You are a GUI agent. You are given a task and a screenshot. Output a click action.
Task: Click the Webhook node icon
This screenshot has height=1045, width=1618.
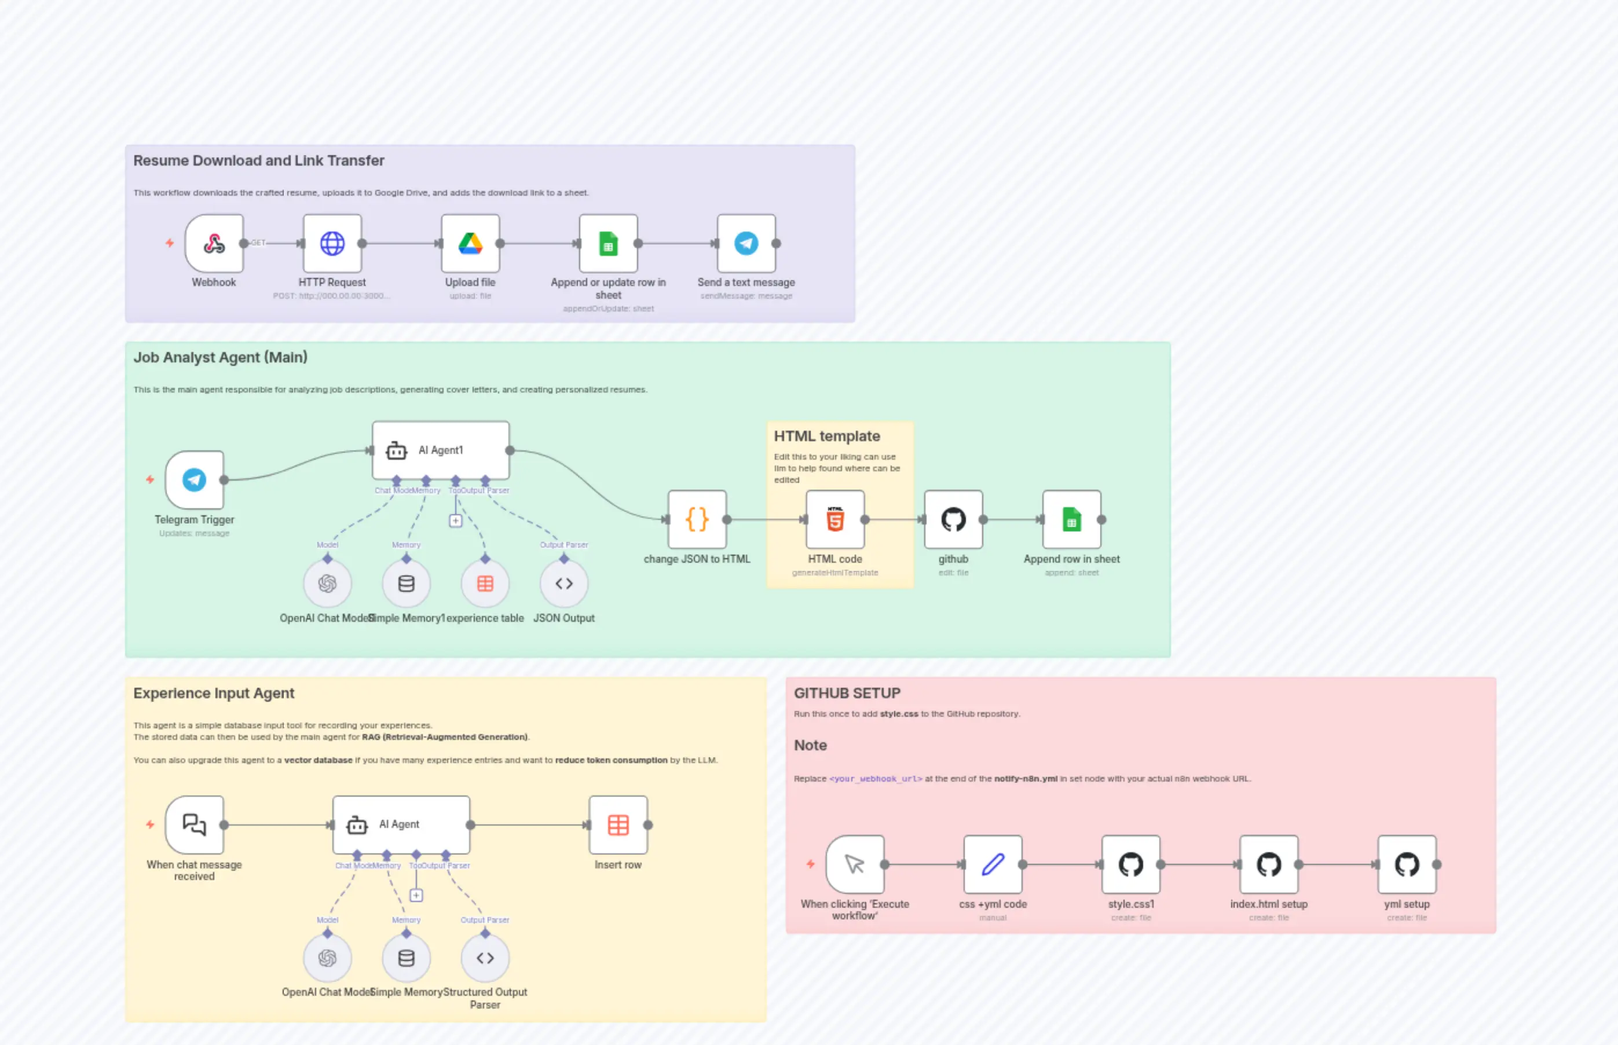pyautogui.click(x=214, y=243)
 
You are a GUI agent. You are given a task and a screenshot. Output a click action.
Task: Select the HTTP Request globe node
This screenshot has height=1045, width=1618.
pyautogui.click(x=332, y=243)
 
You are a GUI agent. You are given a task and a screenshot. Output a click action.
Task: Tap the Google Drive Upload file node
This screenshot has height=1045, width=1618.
pyautogui.click(x=470, y=243)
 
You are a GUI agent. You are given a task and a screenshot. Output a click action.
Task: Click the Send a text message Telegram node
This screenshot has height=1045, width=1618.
pyautogui.click(x=746, y=243)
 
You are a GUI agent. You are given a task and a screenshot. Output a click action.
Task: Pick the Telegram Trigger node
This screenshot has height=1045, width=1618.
pyautogui.click(x=194, y=480)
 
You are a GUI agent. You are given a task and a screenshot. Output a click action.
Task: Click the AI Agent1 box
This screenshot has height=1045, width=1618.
pyautogui.click(x=441, y=450)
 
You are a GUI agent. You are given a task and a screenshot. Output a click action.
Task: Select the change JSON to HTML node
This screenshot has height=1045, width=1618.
pyautogui.click(x=697, y=520)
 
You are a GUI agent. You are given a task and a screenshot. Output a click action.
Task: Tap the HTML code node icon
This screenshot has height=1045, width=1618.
pyautogui.click(x=835, y=520)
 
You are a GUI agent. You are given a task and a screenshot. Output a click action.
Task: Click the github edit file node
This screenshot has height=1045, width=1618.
pyautogui.click(x=953, y=520)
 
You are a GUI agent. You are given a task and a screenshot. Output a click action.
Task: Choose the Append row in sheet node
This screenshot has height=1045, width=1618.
pyautogui.click(x=1071, y=520)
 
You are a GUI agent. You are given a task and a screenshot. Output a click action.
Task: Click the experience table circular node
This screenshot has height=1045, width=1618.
pyautogui.click(x=485, y=584)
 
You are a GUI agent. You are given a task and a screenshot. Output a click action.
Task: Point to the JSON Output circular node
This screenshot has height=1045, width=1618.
pyautogui.click(x=563, y=584)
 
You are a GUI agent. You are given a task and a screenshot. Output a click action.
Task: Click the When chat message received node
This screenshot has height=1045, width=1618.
pyautogui.click(x=194, y=824)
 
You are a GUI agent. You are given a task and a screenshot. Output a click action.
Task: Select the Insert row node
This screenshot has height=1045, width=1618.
pyautogui.click(x=618, y=824)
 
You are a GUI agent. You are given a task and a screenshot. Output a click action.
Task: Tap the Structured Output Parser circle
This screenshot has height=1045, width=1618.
pyautogui.click(x=485, y=958)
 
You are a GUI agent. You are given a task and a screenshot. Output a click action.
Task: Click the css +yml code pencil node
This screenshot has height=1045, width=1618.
pyautogui.click(x=992, y=864)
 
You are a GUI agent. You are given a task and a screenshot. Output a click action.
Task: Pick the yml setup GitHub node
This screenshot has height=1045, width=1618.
pyautogui.click(x=1406, y=864)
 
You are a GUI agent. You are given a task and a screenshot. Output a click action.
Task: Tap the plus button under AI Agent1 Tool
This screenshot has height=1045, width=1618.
pyautogui.click(x=455, y=520)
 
